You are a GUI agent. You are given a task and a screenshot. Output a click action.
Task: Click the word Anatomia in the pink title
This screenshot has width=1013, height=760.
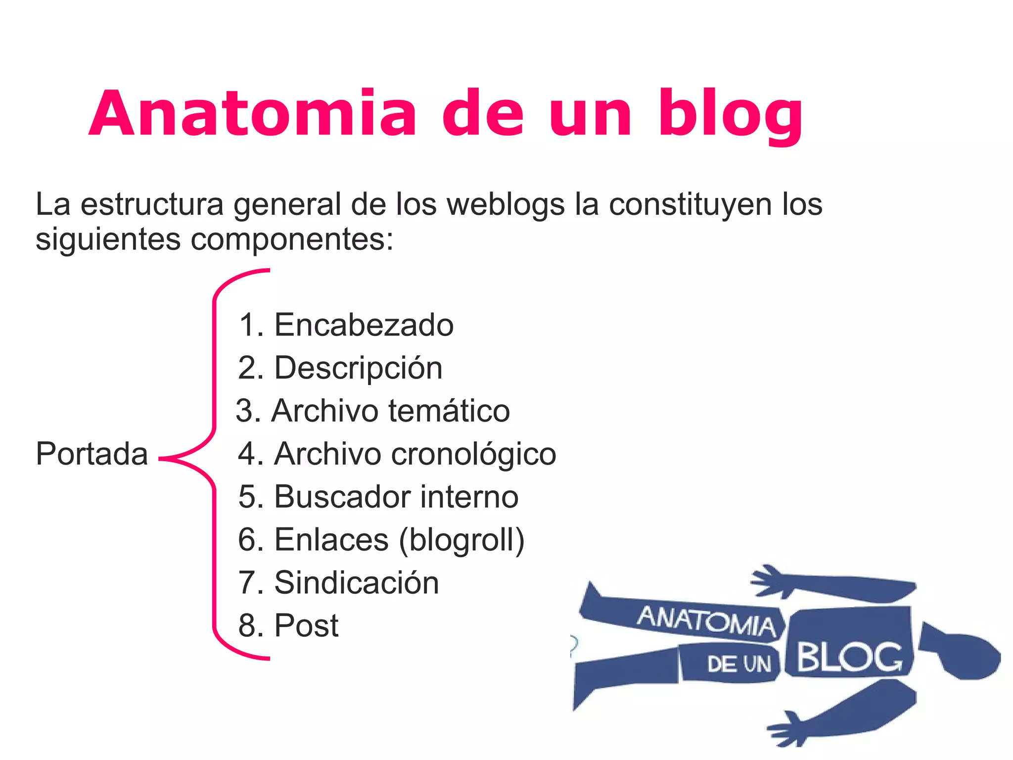coord(252,114)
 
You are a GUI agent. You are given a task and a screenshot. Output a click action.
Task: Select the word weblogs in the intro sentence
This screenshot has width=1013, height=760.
coord(506,204)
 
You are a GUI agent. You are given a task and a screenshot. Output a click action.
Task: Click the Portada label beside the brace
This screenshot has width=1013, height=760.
coord(92,454)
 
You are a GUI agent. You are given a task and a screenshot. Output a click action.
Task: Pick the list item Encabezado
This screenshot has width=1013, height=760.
coord(364,325)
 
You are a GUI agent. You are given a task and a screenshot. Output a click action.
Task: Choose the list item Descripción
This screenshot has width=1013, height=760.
coord(358,368)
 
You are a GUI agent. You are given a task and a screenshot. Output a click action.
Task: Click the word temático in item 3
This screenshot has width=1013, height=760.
coord(449,411)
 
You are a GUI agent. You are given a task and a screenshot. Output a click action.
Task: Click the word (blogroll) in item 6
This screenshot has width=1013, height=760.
coord(461,540)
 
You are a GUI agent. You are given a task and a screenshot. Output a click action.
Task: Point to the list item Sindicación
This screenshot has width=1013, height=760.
coord(356,583)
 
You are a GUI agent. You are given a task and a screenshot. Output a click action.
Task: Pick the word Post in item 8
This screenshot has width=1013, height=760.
coord(306,625)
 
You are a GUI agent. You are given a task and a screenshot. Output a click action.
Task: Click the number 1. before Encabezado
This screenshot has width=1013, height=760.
coord(251,325)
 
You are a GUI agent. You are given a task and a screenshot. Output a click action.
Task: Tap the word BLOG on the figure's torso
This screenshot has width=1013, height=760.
coord(849,657)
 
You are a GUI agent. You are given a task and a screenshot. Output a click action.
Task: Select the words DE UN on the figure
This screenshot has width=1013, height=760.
coord(738,664)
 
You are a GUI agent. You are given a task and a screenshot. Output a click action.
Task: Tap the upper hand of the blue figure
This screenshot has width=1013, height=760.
coord(770,580)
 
